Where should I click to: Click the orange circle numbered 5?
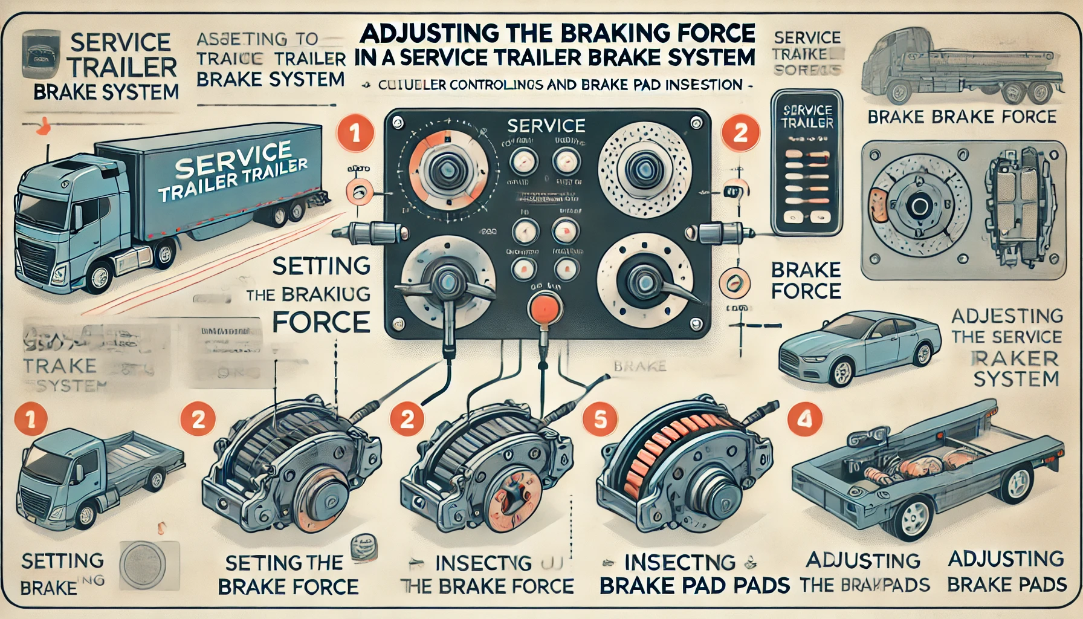(x=600, y=419)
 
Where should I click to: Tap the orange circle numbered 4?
(x=805, y=418)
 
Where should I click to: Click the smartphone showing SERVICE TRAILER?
(x=807, y=163)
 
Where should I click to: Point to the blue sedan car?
(x=858, y=348)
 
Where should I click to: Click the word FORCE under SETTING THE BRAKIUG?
(x=321, y=322)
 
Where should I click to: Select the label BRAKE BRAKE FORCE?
(x=961, y=117)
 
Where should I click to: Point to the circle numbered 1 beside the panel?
(x=355, y=133)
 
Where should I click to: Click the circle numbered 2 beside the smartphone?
(x=740, y=132)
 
